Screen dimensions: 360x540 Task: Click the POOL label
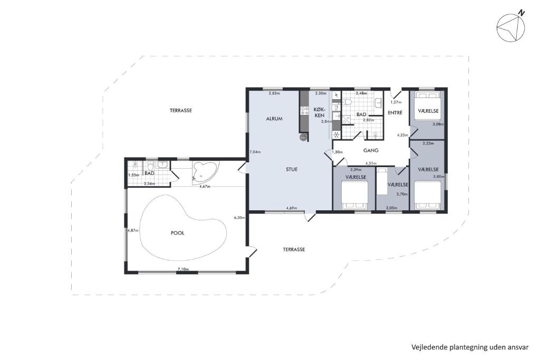pyautogui.click(x=178, y=232)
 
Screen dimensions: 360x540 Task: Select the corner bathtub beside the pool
pyautogui.click(x=201, y=172)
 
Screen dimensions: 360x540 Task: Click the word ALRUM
pyautogui.click(x=274, y=119)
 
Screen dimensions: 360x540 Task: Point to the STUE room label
pyautogui.click(x=292, y=169)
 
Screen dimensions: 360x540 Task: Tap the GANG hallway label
pyautogui.click(x=371, y=150)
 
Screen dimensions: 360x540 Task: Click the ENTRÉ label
pyautogui.click(x=395, y=113)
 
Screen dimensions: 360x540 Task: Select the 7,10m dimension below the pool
pyautogui.click(x=183, y=269)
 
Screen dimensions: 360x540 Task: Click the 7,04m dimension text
pyautogui.click(x=255, y=152)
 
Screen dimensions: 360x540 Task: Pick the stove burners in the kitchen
pyautogui.click(x=304, y=111)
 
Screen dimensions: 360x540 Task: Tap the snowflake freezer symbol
pyautogui.click(x=336, y=134)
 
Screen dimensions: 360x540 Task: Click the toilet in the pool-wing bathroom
pyautogui.click(x=150, y=164)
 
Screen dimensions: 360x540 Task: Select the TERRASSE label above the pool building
pyautogui.click(x=181, y=111)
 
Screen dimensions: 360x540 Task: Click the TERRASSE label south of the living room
pyautogui.click(x=294, y=249)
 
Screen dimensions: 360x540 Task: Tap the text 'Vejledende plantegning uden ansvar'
pyautogui.click(x=469, y=347)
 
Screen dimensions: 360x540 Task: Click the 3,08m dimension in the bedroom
pyautogui.click(x=438, y=124)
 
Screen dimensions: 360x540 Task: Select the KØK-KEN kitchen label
pyautogui.click(x=320, y=112)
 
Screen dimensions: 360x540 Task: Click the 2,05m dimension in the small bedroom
pyautogui.click(x=391, y=208)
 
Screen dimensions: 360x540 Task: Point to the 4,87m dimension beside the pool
pyautogui.click(x=132, y=230)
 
